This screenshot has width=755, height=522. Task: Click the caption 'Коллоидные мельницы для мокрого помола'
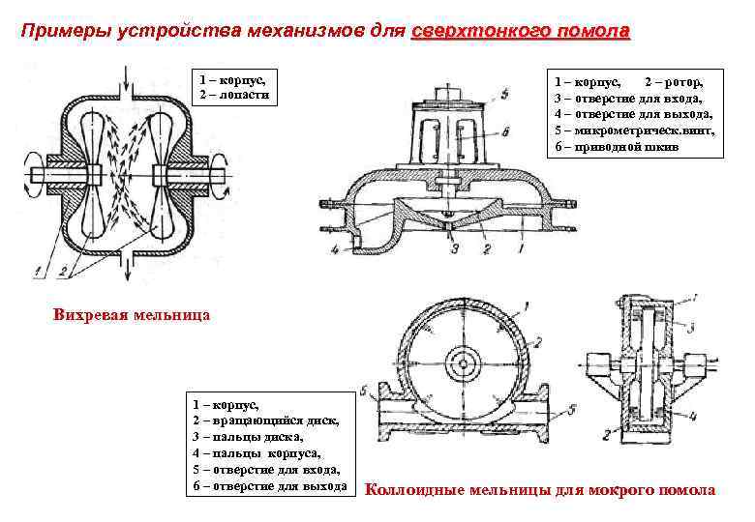click(x=540, y=490)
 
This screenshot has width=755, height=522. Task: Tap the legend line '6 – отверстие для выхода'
click(x=269, y=484)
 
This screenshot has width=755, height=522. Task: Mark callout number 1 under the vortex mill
click(x=36, y=262)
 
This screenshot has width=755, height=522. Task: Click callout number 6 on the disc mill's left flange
click(x=361, y=391)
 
